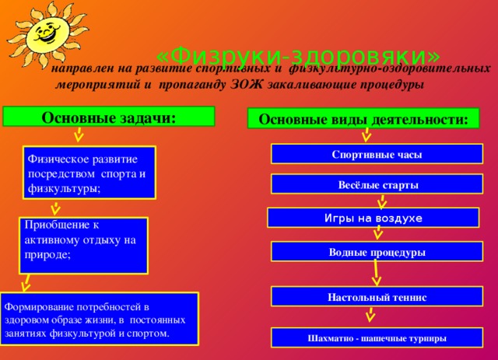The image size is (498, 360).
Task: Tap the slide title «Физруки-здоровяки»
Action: click(297, 56)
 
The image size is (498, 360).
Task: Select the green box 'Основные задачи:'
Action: click(109, 117)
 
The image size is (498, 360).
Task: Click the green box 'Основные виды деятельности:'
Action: click(363, 119)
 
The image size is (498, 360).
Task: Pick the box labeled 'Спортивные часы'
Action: click(377, 155)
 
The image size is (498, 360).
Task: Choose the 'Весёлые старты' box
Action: click(377, 185)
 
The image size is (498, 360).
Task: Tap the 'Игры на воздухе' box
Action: click(373, 218)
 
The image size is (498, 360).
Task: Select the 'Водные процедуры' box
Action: click(377, 253)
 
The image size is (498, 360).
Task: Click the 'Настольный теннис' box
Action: click(377, 297)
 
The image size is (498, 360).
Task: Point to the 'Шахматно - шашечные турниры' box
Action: click(377, 338)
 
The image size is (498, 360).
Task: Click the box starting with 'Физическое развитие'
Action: click(89, 172)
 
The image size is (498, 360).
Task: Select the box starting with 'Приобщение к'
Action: click(84, 244)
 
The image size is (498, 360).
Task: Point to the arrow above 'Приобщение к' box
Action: click(54, 208)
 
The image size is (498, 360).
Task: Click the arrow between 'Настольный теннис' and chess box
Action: click(371, 316)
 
